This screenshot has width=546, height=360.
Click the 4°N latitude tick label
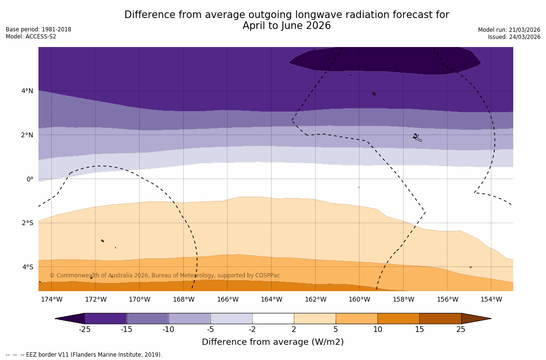click(x=27, y=91)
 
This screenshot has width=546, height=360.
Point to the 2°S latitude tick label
click(x=27, y=223)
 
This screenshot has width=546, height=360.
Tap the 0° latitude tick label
click(x=29, y=179)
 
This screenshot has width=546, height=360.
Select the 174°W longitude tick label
click(x=51, y=299)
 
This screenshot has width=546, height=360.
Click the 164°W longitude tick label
click(x=271, y=299)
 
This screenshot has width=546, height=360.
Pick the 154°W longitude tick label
click(x=491, y=299)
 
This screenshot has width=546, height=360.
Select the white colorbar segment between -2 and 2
click(x=273, y=318)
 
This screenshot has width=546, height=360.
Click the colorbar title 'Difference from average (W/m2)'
click(x=273, y=342)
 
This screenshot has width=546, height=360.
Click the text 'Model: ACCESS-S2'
click(x=31, y=37)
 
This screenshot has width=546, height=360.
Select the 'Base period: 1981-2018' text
click(x=38, y=29)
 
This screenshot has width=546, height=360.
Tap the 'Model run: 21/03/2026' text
click(x=509, y=30)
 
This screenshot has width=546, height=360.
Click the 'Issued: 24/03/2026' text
click(x=514, y=37)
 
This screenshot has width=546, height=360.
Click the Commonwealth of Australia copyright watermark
click(x=165, y=275)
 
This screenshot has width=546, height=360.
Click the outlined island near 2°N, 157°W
click(x=416, y=137)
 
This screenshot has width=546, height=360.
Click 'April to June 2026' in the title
click(x=286, y=26)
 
